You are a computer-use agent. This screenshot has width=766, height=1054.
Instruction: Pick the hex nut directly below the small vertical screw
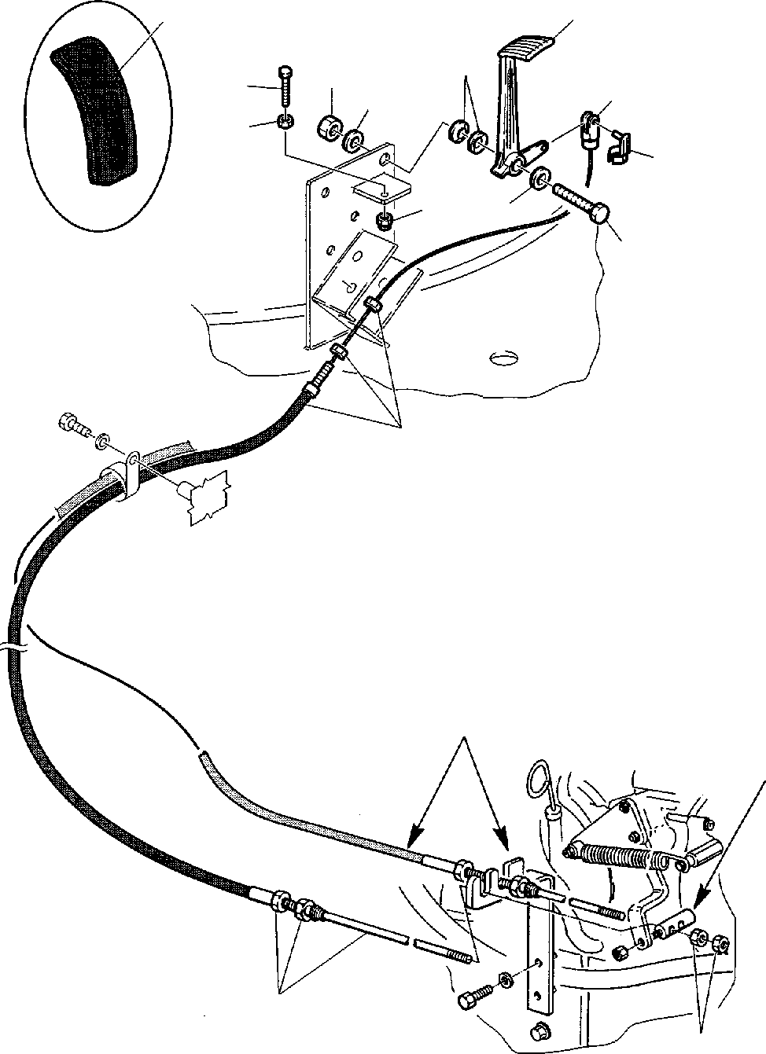tap(286, 122)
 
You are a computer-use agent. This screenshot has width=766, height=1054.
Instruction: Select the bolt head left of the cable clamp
tap(66, 424)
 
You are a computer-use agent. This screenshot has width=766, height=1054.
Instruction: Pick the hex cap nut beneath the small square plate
tap(385, 221)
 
